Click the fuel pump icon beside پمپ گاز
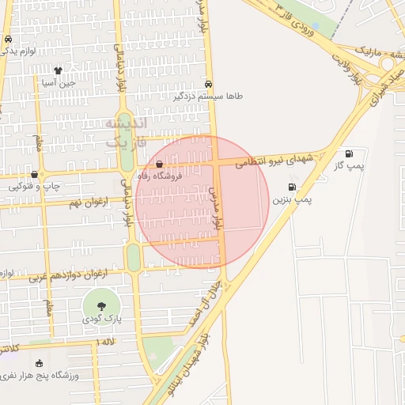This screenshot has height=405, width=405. coord(349,153)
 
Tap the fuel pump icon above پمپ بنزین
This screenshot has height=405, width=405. coord(293,187)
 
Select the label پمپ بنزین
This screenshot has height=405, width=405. coord(293,201)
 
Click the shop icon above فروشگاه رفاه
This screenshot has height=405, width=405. coord(160,165)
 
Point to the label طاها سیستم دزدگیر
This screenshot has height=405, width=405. coord(206,96)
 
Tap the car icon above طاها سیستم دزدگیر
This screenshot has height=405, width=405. coord(208,83)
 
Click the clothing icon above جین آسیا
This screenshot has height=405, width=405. coord(58,70)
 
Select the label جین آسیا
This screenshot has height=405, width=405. coord(59,82)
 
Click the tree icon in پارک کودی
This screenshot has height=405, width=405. coord(101,305)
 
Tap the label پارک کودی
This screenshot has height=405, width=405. coord(101,319)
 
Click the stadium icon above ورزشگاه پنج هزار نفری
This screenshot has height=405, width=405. coord(40,363)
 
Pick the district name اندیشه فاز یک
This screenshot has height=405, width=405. coord(125,132)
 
